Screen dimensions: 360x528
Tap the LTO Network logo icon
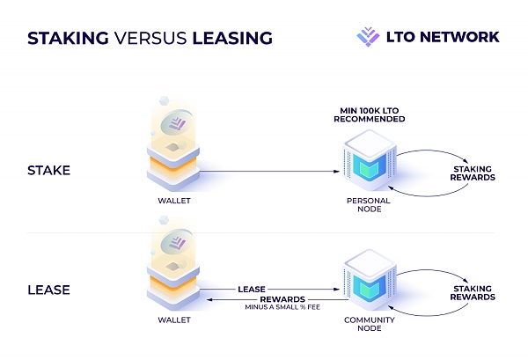367,36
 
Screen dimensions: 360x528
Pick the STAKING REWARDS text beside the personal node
473,173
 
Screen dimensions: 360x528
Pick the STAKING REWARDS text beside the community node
473,292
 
